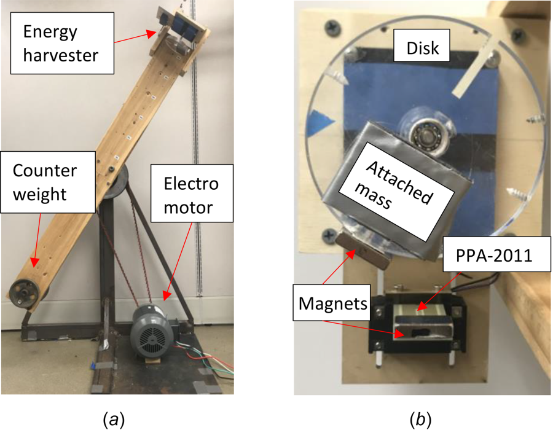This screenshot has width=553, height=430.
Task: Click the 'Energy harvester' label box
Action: pos(62,43)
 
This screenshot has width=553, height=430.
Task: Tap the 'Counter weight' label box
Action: pos(48,182)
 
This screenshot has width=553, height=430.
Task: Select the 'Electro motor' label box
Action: pos(192,193)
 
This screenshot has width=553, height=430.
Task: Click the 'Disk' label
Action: pos(422,45)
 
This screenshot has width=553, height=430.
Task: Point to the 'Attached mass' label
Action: pos(396,192)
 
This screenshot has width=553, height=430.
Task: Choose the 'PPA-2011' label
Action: pos(496,254)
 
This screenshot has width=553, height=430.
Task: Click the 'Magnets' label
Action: pos(332,303)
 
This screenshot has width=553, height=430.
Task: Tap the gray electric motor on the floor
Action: pos(153,332)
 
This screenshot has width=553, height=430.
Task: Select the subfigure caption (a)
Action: pos(113,420)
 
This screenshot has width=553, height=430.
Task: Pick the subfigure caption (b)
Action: pos(420,420)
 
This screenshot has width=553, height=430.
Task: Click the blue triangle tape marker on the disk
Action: pos(320,123)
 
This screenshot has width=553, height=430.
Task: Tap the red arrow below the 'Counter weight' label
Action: pos(37,240)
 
